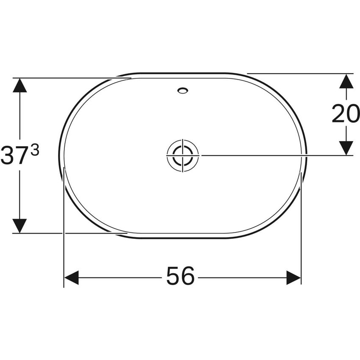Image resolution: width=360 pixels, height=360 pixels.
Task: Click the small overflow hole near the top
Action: (x=183, y=90)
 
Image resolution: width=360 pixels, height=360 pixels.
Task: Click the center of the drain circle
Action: (x=183, y=155)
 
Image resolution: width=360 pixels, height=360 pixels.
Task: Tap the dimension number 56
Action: (x=180, y=277)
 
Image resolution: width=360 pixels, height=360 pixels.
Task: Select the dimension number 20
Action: (x=346, y=114)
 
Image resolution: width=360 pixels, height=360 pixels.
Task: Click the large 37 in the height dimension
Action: (x=15, y=155)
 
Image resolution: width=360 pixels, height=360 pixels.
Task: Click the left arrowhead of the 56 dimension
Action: (x=71, y=278)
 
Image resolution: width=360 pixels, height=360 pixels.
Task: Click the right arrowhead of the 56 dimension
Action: (x=294, y=278)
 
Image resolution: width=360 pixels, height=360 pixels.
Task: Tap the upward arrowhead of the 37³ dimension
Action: (x=19, y=85)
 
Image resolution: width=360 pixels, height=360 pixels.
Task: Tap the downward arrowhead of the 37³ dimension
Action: (x=19, y=226)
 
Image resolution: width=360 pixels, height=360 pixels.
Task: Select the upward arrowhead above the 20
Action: (x=346, y=81)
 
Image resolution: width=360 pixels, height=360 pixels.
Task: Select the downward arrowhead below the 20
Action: (x=346, y=148)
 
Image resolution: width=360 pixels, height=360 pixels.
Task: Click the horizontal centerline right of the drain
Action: (x=275, y=155)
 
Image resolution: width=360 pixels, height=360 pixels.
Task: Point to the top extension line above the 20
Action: (x=296, y=74)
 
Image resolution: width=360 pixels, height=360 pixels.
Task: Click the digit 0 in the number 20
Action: (x=353, y=114)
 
